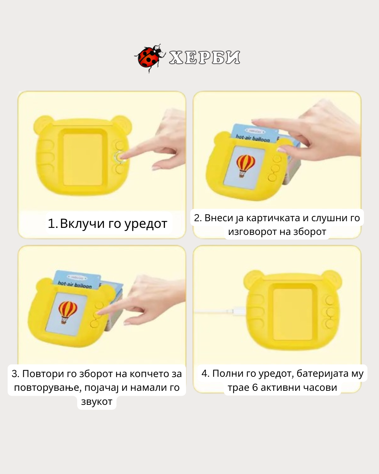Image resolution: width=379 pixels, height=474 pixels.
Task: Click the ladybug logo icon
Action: click(150, 58)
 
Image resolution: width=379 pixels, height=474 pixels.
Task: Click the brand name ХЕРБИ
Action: click(204, 58)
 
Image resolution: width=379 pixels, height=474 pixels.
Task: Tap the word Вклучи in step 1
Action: click(82, 223)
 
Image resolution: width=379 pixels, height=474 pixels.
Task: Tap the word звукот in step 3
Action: click(97, 401)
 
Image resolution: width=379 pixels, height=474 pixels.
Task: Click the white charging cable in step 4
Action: click(220, 311)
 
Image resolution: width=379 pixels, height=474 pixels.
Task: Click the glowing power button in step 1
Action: click(120, 157)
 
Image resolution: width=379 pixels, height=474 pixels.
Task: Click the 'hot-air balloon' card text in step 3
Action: click(75, 285)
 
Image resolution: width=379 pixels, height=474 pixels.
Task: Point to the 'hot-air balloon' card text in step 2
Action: click(253, 138)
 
